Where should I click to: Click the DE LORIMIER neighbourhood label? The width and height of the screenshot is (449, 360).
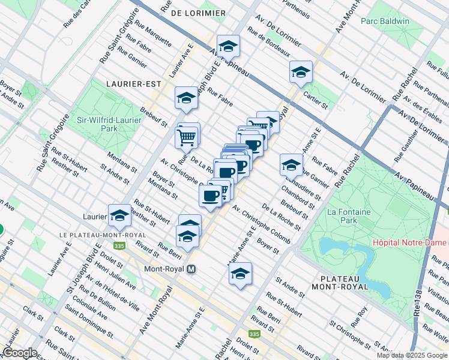pyautogui.click(x=197, y=13)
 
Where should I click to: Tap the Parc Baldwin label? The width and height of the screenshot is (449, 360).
pyautogui.click(x=385, y=22)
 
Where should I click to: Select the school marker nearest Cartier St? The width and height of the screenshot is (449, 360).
pyautogui.click(x=301, y=73)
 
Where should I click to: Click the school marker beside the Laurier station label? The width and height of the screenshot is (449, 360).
pyautogui.click(x=120, y=215)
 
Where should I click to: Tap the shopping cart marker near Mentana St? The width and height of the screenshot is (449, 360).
pyautogui.click(x=186, y=137)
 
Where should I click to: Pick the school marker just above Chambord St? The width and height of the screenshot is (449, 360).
pyautogui.click(x=291, y=165)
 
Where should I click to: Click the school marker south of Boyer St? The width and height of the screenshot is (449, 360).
pyautogui.click(x=240, y=274)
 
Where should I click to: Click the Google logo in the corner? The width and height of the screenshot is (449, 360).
pyautogui.click(x=20, y=353)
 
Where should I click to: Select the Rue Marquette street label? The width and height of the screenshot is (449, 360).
pyautogui.click(x=153, y=34)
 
